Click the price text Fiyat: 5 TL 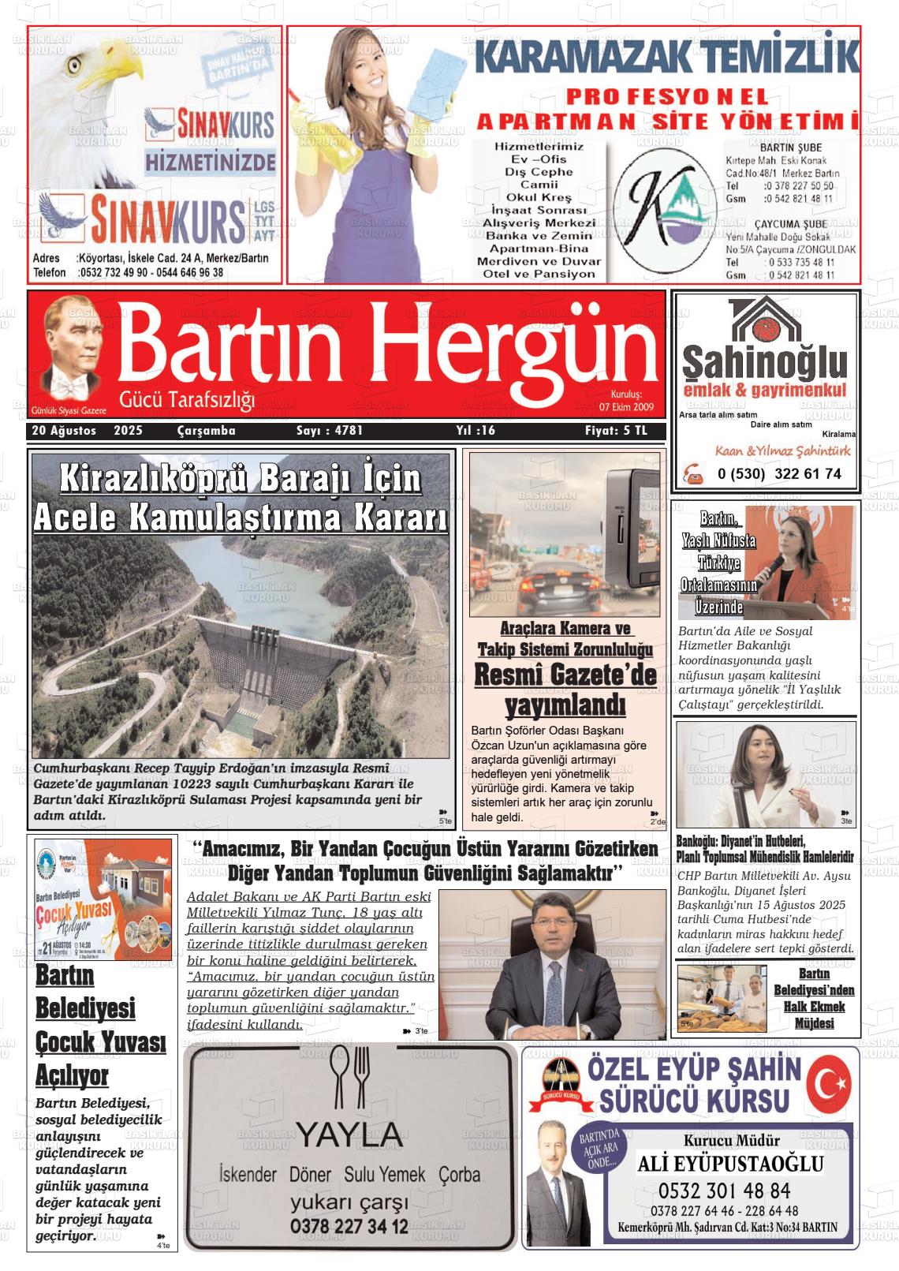click(615, 431)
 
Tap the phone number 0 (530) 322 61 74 click(779, 474)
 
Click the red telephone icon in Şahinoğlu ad click(694, 473)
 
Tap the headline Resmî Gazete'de click(565, 675)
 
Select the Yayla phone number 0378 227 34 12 click(349, 1227)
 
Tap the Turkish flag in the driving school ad click(832, 1082)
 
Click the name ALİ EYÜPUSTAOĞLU click(730, 1164)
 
